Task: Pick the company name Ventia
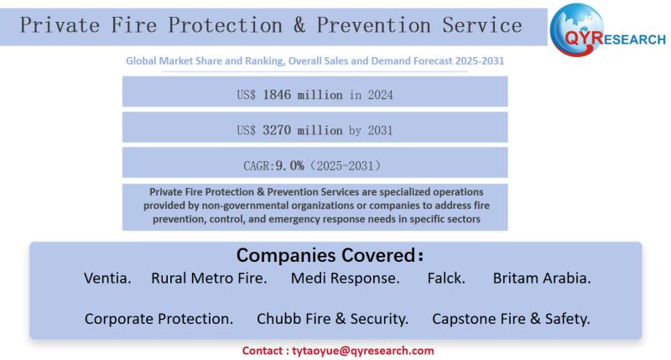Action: [x=107, y=278]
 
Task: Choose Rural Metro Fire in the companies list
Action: [x=209, y=278]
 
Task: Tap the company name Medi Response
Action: [x=345, y=278]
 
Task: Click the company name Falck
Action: [x=446, y=278]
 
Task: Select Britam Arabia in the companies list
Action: [x=542, y=278]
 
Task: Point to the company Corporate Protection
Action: [x=159, y=319]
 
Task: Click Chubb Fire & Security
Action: [x=332, y=319]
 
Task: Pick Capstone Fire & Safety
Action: [x=511, y=319]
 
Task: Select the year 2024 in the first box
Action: [x=378, y=95]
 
